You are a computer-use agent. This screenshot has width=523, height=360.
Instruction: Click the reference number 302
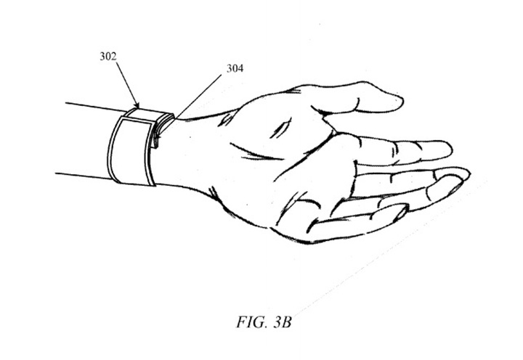[108, 57]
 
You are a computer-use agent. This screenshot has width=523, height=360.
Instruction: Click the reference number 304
[235, 68]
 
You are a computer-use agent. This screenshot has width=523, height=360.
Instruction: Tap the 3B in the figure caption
[283, 322]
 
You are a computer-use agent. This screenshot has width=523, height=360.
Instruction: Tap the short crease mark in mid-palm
[280, 129]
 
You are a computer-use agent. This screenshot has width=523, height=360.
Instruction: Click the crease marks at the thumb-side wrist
[226, 119]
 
